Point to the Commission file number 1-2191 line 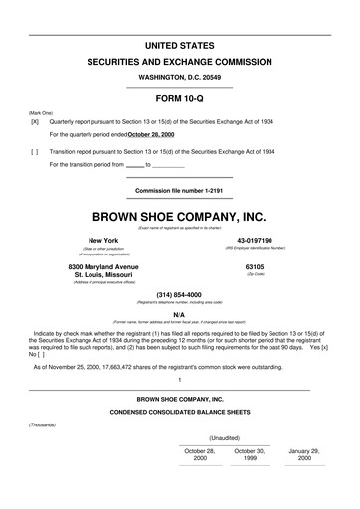[180, 189]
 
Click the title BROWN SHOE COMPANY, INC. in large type [180, 215]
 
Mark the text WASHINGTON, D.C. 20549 [180, 76]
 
